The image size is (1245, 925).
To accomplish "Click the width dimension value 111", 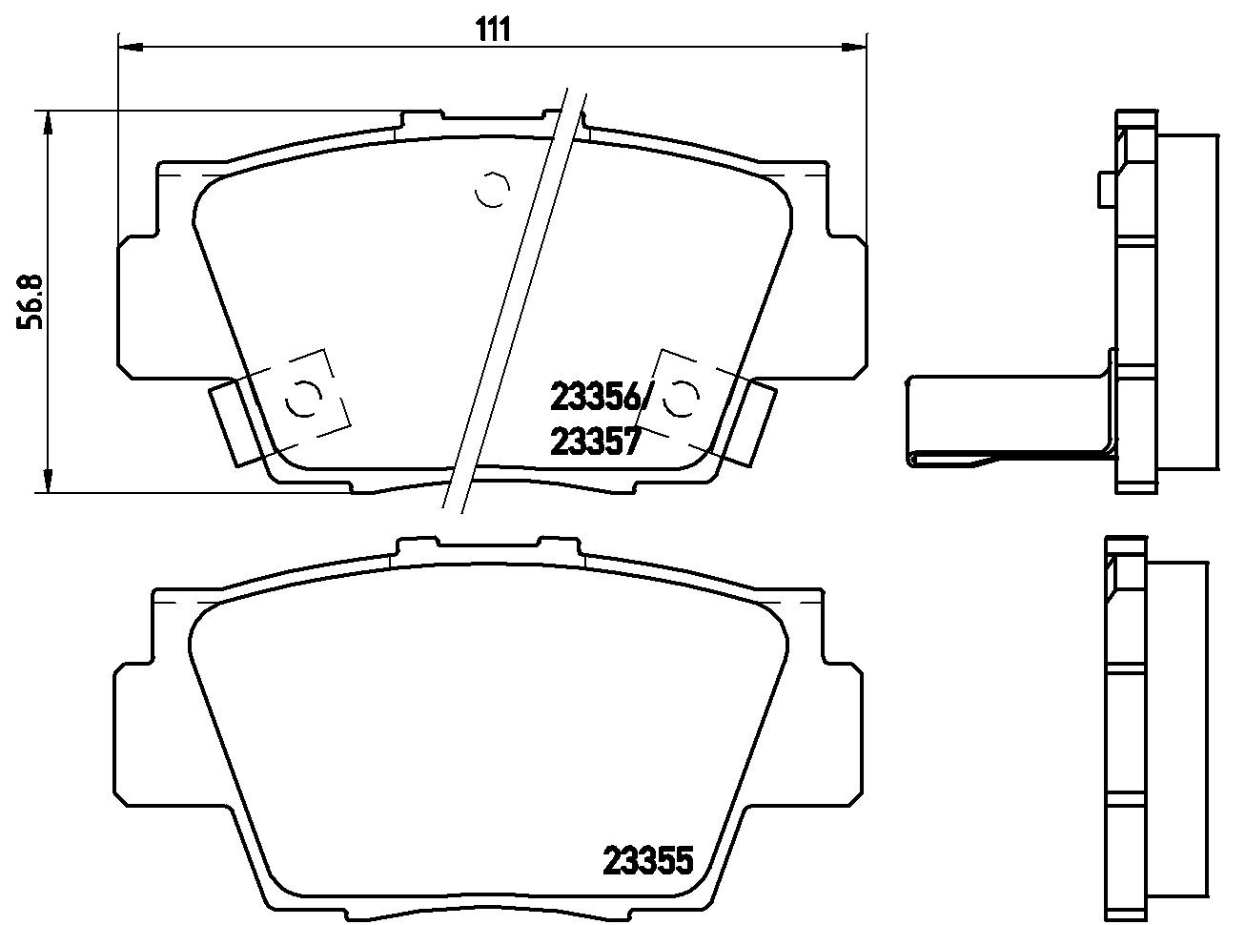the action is (494, 30).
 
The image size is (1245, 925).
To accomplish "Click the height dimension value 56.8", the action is (30, 302).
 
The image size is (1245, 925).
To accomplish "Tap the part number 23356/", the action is (599, 397).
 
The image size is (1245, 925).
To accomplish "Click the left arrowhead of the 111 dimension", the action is (131, 47).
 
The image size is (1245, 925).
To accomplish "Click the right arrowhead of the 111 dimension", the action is (854, 47).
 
